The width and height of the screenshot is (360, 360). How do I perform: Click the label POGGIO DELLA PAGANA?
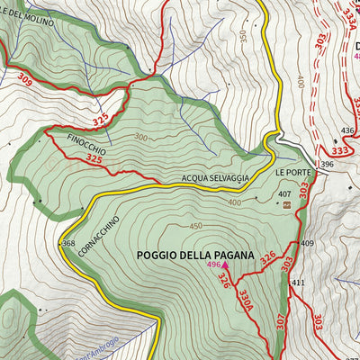[194, 256]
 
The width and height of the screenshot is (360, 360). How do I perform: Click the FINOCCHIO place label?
[86, 144]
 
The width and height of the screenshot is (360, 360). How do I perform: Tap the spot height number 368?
[67, 244]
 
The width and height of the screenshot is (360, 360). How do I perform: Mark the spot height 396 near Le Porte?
[327, 165]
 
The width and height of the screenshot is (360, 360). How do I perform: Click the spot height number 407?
[284, 193]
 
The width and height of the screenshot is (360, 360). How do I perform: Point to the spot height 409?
[307, 244]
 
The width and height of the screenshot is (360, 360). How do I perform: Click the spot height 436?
[348, 130]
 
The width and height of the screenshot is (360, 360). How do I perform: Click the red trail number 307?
[280, 321]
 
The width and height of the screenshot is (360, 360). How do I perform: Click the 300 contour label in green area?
[140, 138]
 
